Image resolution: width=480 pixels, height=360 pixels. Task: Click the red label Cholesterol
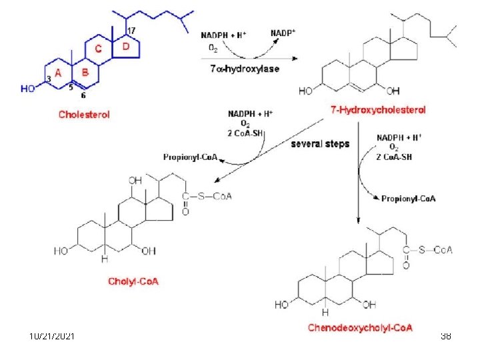tap(84, 114)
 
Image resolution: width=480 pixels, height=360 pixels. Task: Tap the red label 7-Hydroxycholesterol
tap(378, 109)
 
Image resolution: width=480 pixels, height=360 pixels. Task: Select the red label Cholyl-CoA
tap(133, 281)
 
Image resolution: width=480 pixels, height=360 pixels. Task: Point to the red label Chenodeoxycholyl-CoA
tap(360, 327)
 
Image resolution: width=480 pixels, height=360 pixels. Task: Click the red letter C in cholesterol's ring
tap(98, 49)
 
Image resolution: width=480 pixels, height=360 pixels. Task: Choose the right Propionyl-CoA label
tap(409, 198)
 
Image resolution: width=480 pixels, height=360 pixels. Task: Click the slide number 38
tap(446, 337)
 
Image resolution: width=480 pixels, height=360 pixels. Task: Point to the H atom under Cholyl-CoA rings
tap(104, 257)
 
